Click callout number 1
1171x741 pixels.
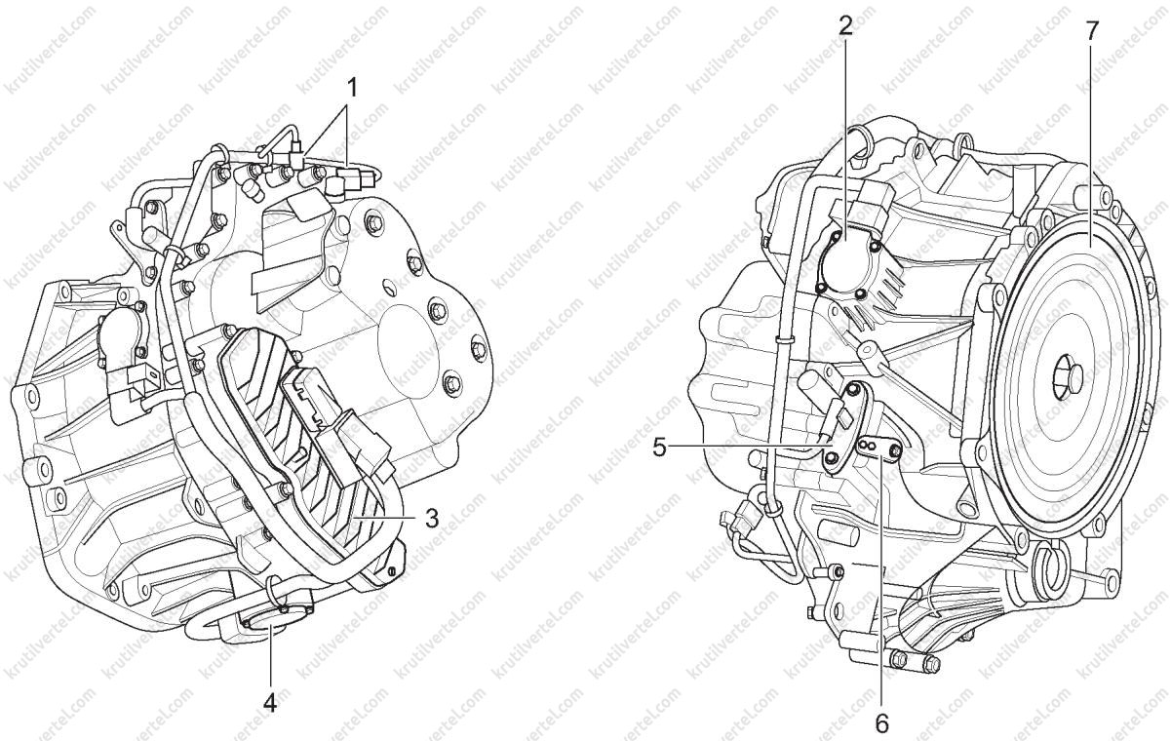tap(353, 88)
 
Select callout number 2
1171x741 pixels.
tap(845, 26)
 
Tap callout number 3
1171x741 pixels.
tap(432, 519)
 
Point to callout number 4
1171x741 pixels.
tap(270, 702)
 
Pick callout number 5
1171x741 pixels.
tap(660, 448)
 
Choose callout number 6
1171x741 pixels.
tap(882, 723)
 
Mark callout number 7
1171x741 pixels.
tap(1091, 32)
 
